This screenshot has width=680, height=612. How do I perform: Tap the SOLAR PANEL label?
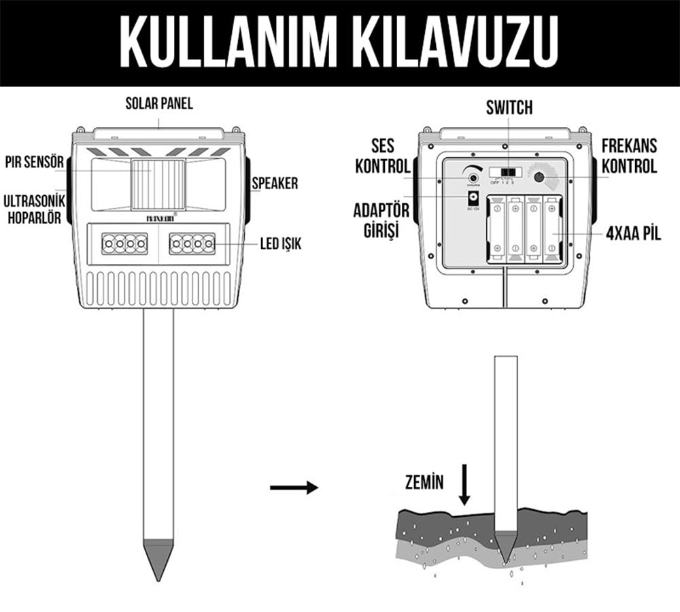(158, 104)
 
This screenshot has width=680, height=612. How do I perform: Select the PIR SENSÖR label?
(33, 163)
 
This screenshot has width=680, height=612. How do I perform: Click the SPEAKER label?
(275, 184)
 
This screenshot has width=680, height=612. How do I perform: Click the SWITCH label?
(509, 107)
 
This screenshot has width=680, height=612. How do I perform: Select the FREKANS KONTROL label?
(629, 156)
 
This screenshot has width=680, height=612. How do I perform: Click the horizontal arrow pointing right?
(294, 487)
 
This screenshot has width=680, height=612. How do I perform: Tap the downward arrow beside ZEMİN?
(464, 483)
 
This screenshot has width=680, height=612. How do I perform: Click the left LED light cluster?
(124, 243)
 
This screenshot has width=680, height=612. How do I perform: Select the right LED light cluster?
(192, 243)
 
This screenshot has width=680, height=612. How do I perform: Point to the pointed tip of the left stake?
(158, 571)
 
